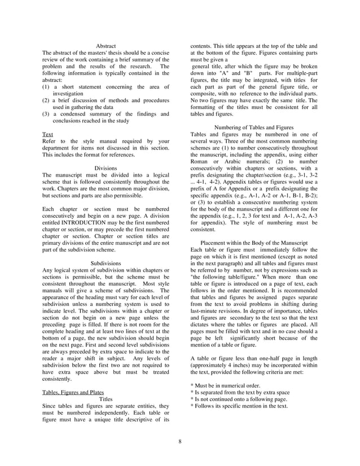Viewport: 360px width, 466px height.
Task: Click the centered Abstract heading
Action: click(x=106, y=46)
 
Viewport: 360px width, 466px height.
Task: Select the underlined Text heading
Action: click(x=48, y=135)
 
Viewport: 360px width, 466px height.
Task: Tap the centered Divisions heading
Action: click(x=106, y=168)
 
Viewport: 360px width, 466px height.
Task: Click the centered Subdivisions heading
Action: click(x=106, y=263)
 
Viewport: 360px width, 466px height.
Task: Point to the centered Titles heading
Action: click(x=106, y=399)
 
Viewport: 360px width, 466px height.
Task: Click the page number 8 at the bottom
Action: click(x=179, y=441)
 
